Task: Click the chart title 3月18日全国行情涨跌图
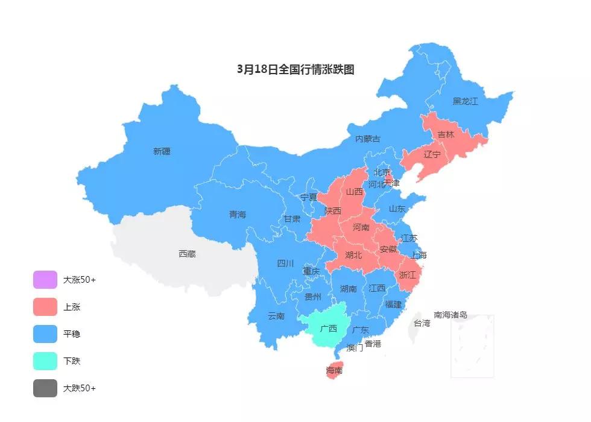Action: pyautogui.click(x=295, y=69)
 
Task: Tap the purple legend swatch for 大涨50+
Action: pyautogui.click(x=45, y=280)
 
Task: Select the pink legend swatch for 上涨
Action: pyautogui.click(x=45, y=307)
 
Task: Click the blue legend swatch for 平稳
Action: pyautogui.click(x=45, y=334)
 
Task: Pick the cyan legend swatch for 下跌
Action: pyautogui.click(x=45, y=361)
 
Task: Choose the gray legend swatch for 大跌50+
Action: pyautogui.click(x=45, y=388)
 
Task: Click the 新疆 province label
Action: pyautogui.click(x=162, y=152)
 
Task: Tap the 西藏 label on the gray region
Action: pyautogui.click(x=187, y=254)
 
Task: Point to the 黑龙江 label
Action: pyautogui.click(x=465, y=101)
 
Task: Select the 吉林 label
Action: pyautogui.click(x=446, y=135)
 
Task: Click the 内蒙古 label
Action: pyautogui.click(x=368, y=139)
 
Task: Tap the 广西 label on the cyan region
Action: pyautogui.click(x=329, y=329)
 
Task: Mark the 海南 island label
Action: pyautogui.click(x=334, y=370)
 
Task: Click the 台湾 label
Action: pyautogui.click(x=422, y=323)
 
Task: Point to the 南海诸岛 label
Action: pyautogui.click(x=450, y=315)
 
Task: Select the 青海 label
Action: pyautogui.click(x=238, y=215)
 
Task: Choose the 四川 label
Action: pyautogui.click(x=285, y=263)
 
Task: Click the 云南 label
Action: pyautogui.click(x=276, y=316)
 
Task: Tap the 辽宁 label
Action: pyautogui.click(x=432, y=154)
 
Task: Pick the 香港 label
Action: pyautogui.click(x=373, y=344)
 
